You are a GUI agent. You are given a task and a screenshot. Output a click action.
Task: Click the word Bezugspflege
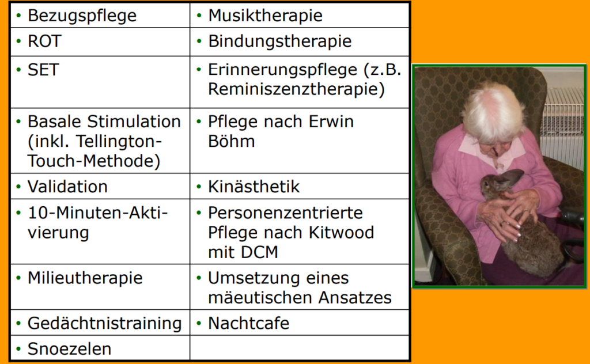click(82, 16)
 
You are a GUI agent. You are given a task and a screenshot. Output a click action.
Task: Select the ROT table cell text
click(44, 41)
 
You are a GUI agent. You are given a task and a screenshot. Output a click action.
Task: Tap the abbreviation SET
click(43, 70)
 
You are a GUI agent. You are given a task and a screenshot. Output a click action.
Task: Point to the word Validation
click(68, 187)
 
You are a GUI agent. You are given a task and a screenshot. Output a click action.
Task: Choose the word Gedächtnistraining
click(105, 324)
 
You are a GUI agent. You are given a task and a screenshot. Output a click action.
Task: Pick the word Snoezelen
click(70, 349)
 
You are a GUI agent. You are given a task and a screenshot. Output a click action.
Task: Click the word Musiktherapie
click(265, 16)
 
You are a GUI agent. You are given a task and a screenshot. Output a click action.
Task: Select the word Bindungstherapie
click(280, 41)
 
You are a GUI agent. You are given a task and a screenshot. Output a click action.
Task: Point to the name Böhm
click(232, 141)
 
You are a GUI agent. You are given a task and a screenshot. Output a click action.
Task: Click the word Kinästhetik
click(254, 187)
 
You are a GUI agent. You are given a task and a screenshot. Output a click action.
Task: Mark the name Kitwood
click(341, 232)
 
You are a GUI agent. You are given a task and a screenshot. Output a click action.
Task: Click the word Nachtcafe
click(249, 323)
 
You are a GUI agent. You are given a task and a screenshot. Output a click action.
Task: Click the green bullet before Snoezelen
click(18, 350)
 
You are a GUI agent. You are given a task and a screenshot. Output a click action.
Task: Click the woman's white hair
click(493, 111)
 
